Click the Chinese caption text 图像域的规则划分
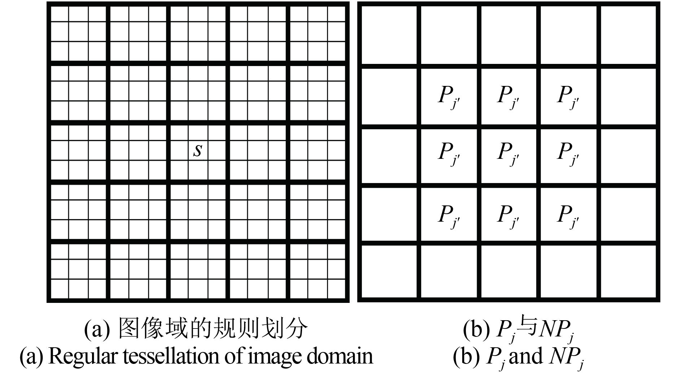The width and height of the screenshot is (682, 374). tap(213, 329)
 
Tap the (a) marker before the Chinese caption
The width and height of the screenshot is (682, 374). tap(97, 329)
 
